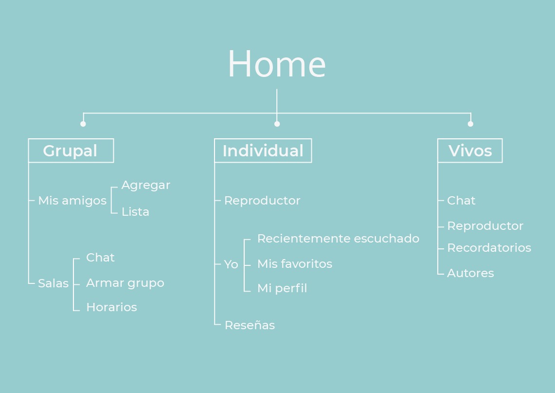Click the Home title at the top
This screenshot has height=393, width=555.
tap(276, 64)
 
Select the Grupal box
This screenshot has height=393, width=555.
tap(71, 150)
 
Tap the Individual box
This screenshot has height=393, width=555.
tap(263, 150)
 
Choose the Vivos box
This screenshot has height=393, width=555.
tap(470, 150)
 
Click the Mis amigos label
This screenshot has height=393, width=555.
tap(72, 201)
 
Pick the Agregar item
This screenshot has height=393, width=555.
tap(145, 185)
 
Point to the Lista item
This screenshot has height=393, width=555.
tap(135, 212)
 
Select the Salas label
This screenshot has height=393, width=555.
tap(53, 283)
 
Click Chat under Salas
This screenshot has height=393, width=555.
tap(100, 258)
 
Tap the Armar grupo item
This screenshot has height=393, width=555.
tap(125, 283)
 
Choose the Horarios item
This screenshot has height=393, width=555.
tap(111, 307)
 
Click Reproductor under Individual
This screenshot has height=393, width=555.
tap(262, 201)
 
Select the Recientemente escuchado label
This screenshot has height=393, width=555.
tap(338, 239)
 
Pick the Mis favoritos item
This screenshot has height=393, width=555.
tap(294, 264)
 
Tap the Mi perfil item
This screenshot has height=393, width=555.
tap(282, 288)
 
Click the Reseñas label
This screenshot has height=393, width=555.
tap(250, 325)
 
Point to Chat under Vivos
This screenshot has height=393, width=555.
tap(461, 201)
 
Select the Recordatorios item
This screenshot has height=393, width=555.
tap(489, 248)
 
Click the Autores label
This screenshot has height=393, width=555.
tap(470, 273)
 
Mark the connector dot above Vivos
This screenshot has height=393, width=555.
tap(470, 124)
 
